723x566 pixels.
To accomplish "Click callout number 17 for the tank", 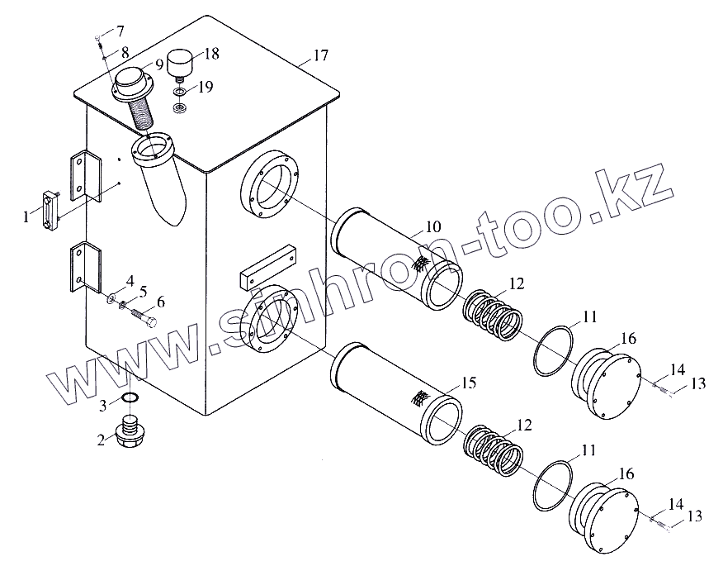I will (x=320, y=56).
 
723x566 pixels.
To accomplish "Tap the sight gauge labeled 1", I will (x=50, y=211).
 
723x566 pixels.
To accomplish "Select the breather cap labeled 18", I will (x=179, y=61).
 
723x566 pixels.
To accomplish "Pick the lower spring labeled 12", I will (x=493, y=454).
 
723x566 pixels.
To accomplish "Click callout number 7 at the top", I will (x=120, y=31).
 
